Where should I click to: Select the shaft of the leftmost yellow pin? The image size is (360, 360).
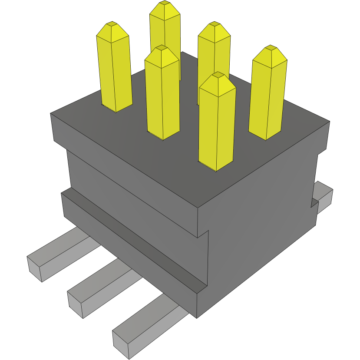(x=115, y=74)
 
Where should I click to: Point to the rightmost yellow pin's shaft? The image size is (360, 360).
(x=267, y=100)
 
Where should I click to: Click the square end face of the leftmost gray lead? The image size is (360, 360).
(x=35, y=269)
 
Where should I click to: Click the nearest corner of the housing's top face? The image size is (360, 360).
(x=198, y=208)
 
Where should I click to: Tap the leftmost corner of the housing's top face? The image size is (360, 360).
(x=51, y=114)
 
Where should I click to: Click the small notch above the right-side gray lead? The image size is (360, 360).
(x=314, y=203)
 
